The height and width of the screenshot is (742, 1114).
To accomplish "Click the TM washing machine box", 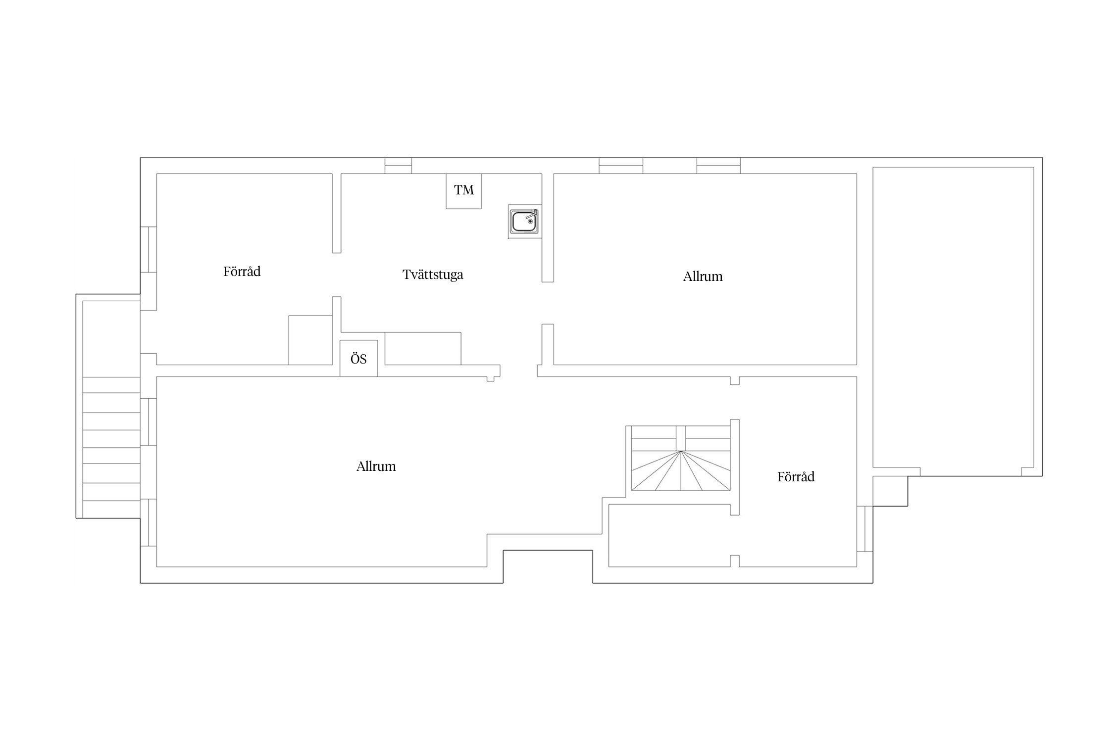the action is (463, 191).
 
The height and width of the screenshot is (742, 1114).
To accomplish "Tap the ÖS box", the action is (358, 358).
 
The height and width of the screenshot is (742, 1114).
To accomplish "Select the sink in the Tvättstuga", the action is (525, 221).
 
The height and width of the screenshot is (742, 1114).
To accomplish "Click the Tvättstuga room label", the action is (433, 275).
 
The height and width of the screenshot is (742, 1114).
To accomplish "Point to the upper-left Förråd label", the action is (242, 272).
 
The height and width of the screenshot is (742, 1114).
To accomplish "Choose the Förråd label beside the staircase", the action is (796, 477).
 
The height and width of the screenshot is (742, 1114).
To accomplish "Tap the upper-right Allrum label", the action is (703, 277).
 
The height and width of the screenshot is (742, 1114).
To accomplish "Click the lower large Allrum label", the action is (376, 466).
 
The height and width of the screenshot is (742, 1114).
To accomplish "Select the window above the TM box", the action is (399, 166).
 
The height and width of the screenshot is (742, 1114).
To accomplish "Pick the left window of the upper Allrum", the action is (621, 166).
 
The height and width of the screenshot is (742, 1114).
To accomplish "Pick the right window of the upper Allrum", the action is (718, 166).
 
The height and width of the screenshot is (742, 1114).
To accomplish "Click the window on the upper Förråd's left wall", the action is (149, 250).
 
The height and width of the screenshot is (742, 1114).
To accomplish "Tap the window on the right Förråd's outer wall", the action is (864, 529).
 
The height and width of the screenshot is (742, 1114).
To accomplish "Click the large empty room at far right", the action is (953, 317).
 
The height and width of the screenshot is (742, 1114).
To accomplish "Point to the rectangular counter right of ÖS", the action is (423, 349).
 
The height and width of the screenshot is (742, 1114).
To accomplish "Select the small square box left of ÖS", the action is (310, 340).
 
